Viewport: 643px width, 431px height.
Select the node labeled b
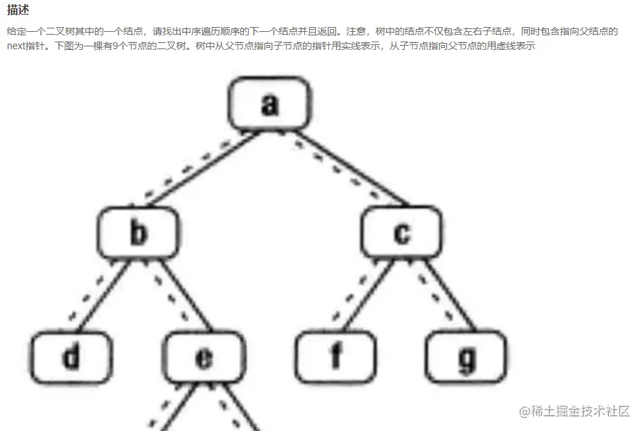pyautogui.click(x=138, y=234)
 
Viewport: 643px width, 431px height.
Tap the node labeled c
pyautogui.click(x=401, y=234)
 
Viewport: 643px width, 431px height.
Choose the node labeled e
pyautogui.click(x=204, y=358)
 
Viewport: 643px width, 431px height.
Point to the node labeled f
pyautogui.click(x=335, y=358)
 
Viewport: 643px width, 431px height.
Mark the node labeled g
pyautogui.click(x=467, y=358)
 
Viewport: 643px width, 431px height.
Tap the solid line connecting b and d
pyautogui.click(x=104, y=295)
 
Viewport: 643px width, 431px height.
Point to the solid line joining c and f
pyautogui.click(x=367, y=295)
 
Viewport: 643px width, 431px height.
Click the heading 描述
pyautogui.click(x=18, y=10)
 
